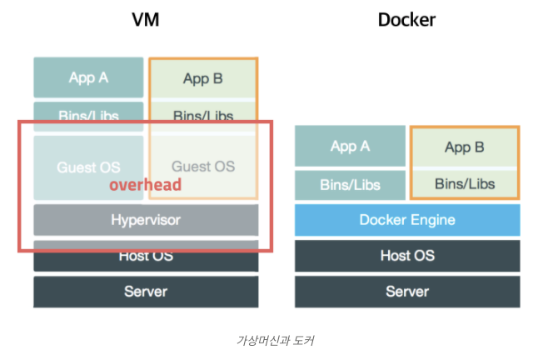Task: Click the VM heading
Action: [x=146, y=20]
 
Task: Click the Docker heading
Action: [x=407, y=20]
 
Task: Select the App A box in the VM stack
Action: [x=88, y=77]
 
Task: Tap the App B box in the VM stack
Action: [x=202, y=79]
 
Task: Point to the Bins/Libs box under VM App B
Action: [x=202, y=114]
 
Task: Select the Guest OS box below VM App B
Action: [x=203, y=166]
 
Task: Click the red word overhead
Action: [x=145, y=185]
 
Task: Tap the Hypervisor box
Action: [x=146, y=220]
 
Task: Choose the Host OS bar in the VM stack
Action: [x=146, y=256]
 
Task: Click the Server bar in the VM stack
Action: [x=146, y=291]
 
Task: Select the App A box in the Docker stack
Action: [x=350, y=147]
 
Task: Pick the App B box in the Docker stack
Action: [x=464, y=147]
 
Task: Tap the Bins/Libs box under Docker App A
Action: [x=350, y=184]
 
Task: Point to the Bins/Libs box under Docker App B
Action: [x=464, y=183]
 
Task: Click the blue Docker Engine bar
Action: [x=407, y=220]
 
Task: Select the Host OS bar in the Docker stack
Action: [x=407, y=256]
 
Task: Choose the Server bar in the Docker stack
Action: [x=407, y=291]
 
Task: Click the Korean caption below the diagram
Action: [x=275, y=340]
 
